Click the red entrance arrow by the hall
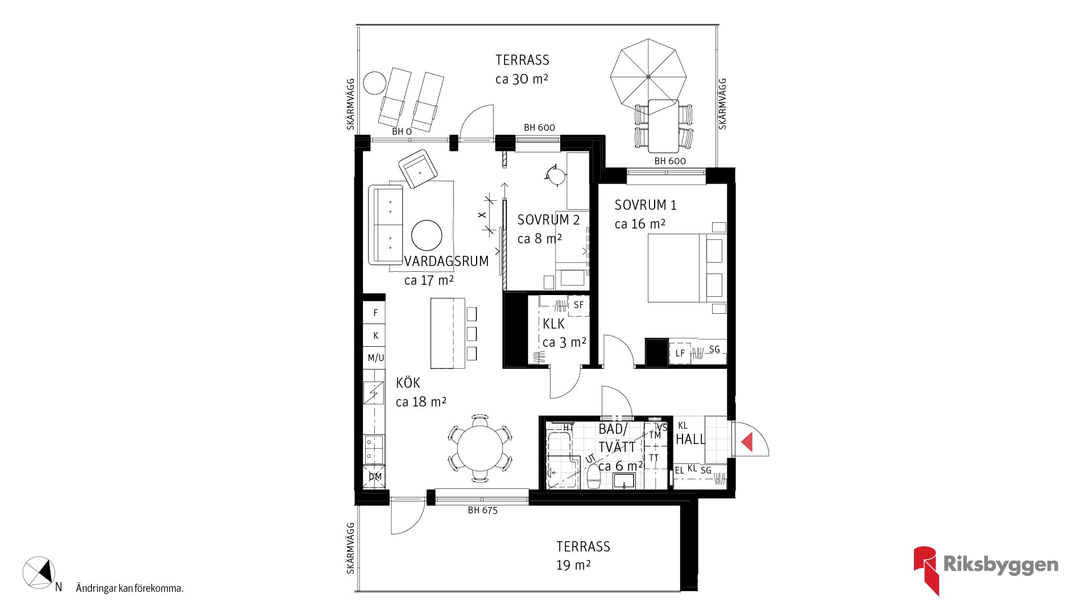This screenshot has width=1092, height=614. click(x=747, y=442)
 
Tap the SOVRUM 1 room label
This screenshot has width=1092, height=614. click(x=646, y=205)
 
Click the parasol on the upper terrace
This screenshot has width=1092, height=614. click(x=648, y=76)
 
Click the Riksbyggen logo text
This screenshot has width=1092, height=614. click(x=1000, y=565)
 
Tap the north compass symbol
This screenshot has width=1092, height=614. click(x=39, y=572)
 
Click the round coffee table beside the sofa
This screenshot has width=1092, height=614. click(x=427, y=235)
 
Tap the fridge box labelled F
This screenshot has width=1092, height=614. click(x=375, y=313)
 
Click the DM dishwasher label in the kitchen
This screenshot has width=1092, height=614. click(x=375, y=476)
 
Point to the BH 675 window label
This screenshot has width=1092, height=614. click(x=482, y=511)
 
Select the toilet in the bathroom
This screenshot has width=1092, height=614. click(x=593, y=476)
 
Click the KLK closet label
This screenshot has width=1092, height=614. click(x=553, y=324)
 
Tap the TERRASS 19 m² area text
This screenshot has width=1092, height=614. click(x=583, y=555)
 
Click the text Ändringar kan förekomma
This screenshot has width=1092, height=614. click(x=130, y=588)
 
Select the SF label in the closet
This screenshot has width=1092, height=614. click(x=578, y=305)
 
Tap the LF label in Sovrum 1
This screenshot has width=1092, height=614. click(x=680, y=353)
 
